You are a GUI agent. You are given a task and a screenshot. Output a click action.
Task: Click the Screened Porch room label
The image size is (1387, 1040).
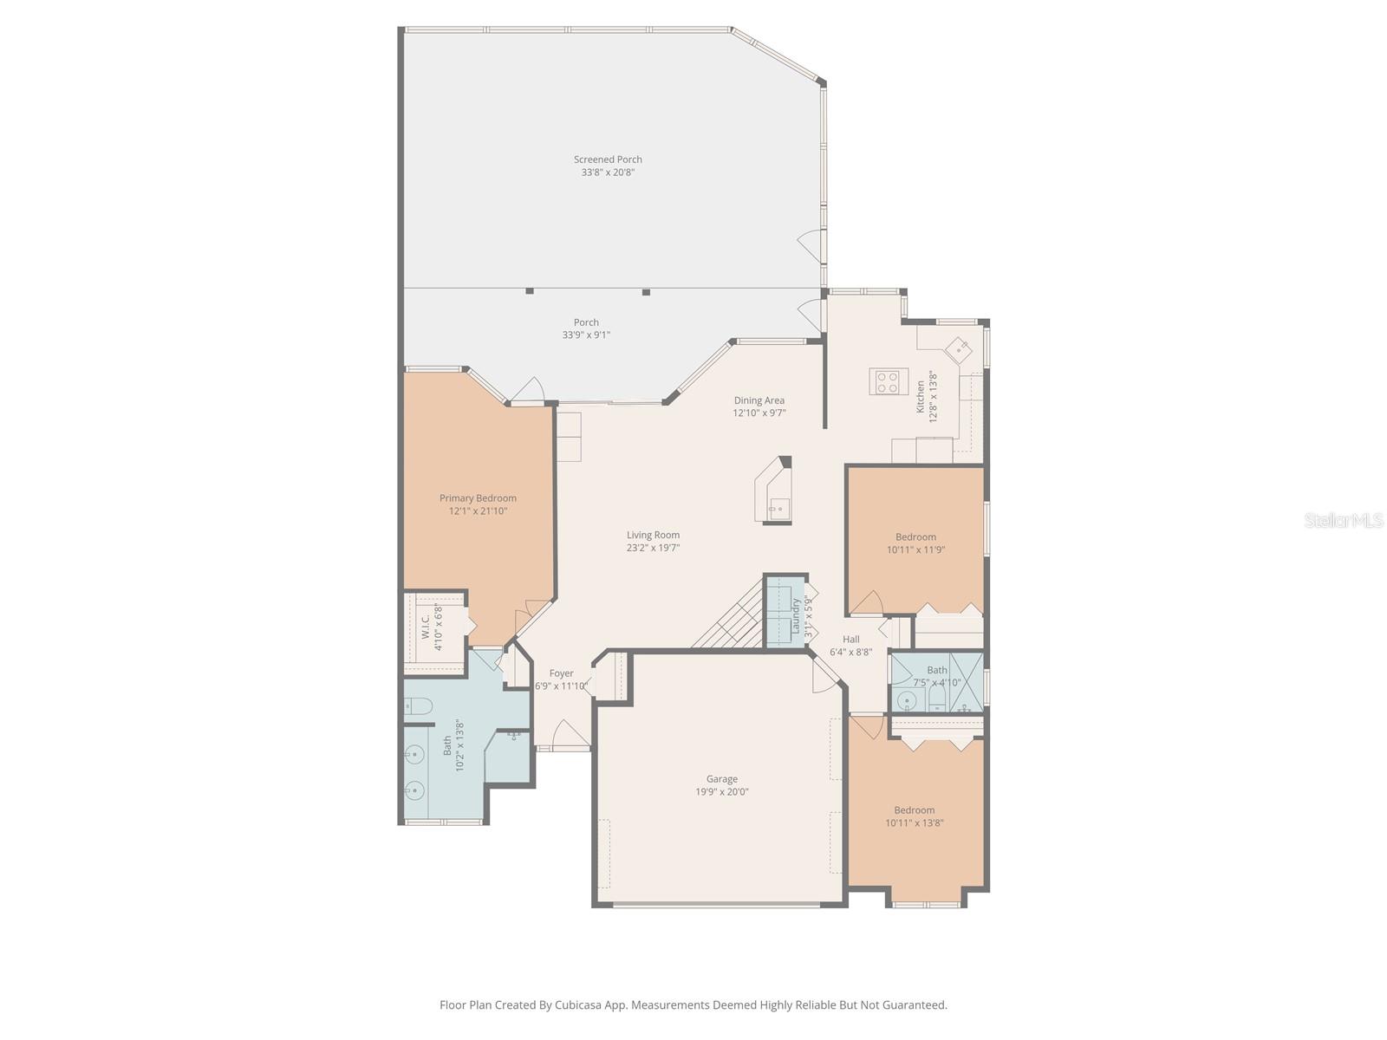[x=608, y=159]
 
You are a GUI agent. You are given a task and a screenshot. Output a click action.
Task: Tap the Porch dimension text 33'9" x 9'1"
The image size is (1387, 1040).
[x=586, y=335]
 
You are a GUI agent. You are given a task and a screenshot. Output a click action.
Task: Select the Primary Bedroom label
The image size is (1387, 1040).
[x=478, y=498]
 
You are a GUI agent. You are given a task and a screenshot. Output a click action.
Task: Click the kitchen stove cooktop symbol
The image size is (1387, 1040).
[x=886, y=382]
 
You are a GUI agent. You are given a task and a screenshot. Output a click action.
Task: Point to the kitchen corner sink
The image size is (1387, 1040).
[x=959, y=348]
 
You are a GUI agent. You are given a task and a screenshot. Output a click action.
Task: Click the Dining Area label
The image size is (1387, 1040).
[x=759, y=400]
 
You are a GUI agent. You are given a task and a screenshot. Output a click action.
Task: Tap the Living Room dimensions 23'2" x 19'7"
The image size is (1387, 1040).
[x=653, y=548]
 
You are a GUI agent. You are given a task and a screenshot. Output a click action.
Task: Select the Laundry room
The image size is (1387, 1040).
[x=785, y=610]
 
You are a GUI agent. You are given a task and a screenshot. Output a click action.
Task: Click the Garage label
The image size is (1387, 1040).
[x=721, y=779]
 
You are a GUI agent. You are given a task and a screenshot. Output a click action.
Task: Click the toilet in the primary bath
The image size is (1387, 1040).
[x=418, y=708]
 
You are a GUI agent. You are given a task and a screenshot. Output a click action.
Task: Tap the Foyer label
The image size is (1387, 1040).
[x=561, y=673]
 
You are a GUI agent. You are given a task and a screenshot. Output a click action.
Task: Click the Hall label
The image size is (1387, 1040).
[x=851, y=639]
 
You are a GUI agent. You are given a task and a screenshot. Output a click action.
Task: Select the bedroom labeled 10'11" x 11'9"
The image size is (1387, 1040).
[x=915, y=537]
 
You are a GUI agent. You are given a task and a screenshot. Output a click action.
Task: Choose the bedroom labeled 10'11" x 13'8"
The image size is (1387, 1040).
[x=915, y=810]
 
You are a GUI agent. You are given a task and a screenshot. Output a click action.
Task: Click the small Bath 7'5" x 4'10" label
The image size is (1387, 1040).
[x=937, y=670]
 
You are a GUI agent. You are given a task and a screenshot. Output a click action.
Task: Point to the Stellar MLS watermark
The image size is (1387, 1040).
[x=1344, y=520]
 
